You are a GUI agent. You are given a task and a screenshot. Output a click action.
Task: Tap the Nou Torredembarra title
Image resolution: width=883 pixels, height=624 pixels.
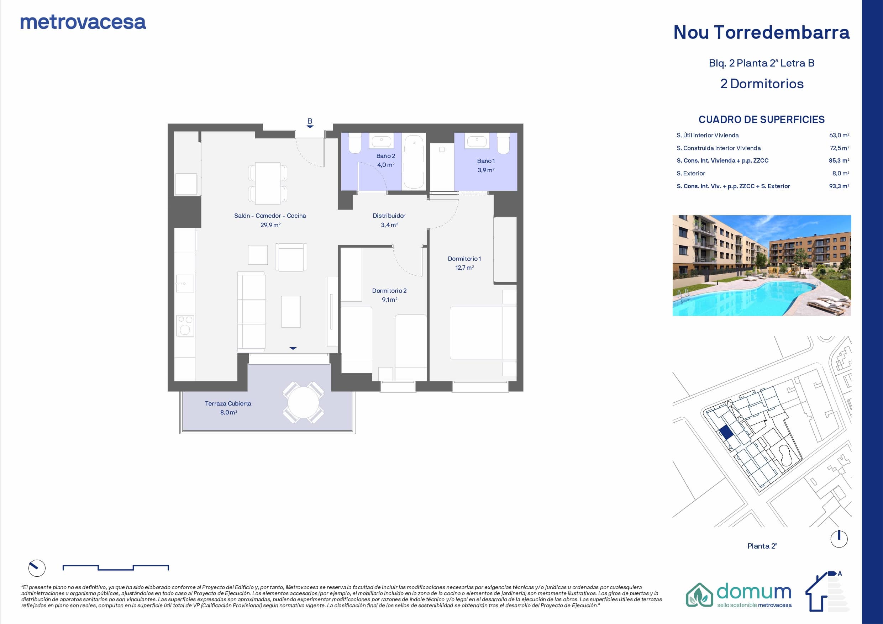(762, 32)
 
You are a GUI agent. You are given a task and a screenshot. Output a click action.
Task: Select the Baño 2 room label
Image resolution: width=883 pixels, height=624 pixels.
(386, 156)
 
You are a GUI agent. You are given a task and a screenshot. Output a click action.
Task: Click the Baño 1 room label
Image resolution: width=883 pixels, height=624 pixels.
(486, 161)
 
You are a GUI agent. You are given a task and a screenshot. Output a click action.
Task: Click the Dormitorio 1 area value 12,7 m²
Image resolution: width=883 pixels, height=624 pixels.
(464, 268)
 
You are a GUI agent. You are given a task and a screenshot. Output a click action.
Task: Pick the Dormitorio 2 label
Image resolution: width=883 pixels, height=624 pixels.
(389, 291)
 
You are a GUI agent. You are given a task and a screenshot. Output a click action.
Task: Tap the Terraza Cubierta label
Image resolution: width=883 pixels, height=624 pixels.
(228, 403)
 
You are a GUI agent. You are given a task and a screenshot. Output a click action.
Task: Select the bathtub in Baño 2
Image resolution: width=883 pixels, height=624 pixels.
(414, 162)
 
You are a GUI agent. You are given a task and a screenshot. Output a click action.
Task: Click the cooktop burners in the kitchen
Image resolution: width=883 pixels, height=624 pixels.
(185, 326)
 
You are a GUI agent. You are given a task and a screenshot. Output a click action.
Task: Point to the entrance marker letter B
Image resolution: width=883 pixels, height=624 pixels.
(310, 121)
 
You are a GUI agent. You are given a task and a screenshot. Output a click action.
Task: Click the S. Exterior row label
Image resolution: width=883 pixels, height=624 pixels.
(691, 173)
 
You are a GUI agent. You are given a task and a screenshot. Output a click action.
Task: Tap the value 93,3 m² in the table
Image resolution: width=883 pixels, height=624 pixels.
(839, 186)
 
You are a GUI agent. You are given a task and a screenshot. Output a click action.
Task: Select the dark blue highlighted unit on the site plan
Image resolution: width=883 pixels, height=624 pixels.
(726, 433)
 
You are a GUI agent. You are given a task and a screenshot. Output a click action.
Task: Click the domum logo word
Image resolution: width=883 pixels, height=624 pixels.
(754, 592)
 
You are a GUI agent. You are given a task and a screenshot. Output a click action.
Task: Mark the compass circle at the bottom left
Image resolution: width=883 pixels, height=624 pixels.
(37, 568)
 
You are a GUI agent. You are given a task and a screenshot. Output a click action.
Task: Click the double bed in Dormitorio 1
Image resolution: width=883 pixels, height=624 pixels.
(483, 333)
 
